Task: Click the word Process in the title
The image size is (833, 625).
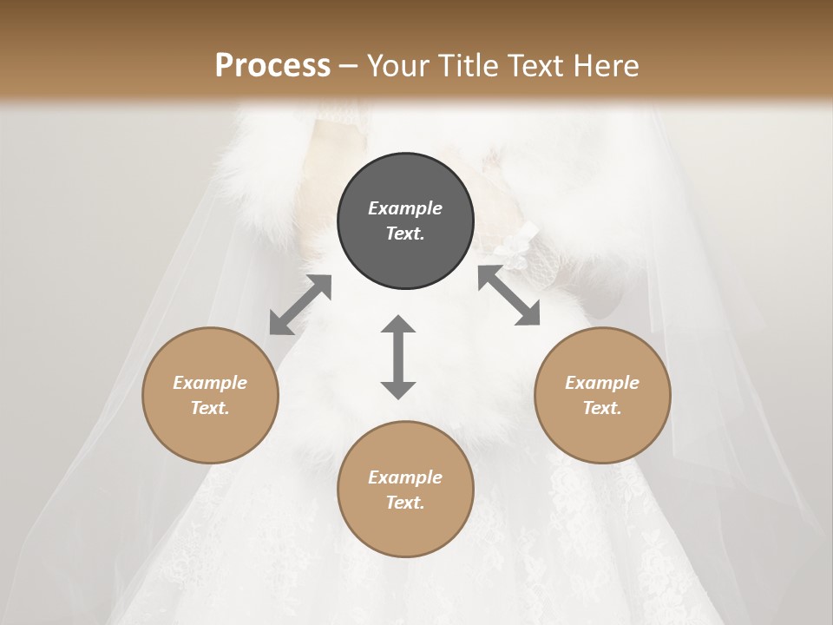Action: coord(272,65)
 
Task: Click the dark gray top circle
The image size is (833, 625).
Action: coord(405,220)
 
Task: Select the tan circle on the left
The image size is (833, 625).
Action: coord(210,395)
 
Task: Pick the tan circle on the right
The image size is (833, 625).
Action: coord(602,395)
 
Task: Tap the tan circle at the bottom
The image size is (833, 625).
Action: coord(405,489)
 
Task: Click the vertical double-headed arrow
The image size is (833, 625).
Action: coord(398,357)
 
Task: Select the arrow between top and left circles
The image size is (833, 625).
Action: coord(300,305)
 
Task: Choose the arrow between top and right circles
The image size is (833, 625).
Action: coord(509,296)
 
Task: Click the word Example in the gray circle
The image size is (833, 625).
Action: coord(405,208)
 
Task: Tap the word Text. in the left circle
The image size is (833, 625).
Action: coord(210,408)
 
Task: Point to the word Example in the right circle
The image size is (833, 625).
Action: coord(602,383)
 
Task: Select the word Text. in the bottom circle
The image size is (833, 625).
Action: coord(405,503)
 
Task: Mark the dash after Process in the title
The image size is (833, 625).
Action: coord(349,66)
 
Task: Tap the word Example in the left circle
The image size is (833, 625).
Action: coord(210,383)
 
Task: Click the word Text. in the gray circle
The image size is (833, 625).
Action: coord(405,234)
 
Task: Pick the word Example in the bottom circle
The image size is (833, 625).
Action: coord(405,477)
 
